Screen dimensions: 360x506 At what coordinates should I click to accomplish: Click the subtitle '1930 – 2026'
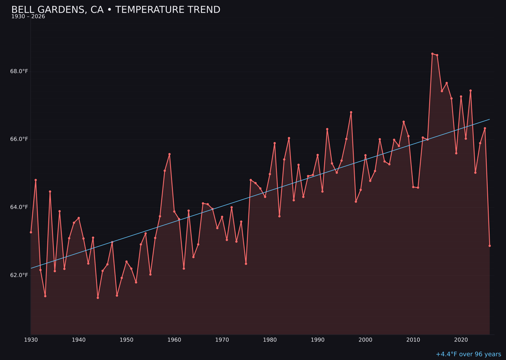28,17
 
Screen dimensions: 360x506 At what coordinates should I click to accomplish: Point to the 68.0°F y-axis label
19,71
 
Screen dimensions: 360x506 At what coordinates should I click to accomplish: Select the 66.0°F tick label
19,139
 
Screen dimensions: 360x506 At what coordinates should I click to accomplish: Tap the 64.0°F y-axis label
19,207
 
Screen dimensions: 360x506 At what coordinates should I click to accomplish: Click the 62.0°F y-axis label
19,275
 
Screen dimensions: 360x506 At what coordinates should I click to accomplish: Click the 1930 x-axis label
31,340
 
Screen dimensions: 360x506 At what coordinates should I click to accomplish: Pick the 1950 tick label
126,340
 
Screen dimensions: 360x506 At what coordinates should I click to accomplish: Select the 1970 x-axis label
222,340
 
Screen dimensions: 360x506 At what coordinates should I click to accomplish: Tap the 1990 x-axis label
318,340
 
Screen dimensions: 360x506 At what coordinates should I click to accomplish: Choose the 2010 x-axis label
413,340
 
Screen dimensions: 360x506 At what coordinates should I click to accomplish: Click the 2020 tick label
461,340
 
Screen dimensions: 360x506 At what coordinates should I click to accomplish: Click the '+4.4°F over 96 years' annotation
468,354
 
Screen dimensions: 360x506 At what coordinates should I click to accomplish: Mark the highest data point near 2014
432,54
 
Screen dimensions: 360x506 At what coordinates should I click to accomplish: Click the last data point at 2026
490,246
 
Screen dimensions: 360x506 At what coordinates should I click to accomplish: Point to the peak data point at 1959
170,154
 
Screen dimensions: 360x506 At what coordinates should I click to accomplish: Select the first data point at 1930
31,232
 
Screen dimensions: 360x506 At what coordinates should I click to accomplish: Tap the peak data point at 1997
351,112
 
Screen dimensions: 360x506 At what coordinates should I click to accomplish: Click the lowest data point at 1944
98,298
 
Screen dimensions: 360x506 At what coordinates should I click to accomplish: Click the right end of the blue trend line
489,119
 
